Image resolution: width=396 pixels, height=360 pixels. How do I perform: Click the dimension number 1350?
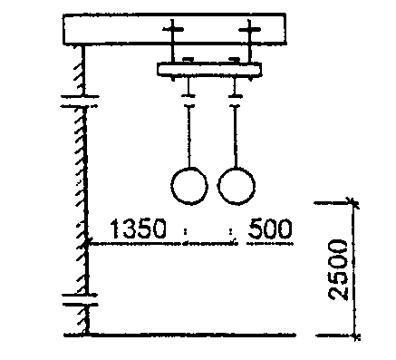coord(138,229)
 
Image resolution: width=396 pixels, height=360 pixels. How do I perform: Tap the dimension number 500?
coord(270,229)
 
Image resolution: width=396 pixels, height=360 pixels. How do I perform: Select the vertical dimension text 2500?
coord(338,270)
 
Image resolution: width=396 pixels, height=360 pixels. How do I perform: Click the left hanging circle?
coord(171,186)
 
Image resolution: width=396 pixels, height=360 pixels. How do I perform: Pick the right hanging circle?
coord(217,186)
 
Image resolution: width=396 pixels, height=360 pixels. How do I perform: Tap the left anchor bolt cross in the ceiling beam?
coord(172,29)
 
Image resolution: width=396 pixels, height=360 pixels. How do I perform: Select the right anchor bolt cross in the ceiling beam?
coord(249,30)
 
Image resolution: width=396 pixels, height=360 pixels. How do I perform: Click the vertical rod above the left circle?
coord(189,136)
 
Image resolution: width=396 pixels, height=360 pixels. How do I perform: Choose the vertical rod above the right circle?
coord(235,136)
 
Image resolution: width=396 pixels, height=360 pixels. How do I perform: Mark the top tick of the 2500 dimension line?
coord(352,203)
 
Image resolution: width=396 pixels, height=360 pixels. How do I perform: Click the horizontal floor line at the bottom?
coord(180,335)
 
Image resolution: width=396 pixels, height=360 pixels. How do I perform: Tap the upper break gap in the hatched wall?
coord(80,102)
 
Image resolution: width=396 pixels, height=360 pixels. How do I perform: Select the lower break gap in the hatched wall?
coord(81,299)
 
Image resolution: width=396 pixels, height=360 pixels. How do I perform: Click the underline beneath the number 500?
coord(270,243)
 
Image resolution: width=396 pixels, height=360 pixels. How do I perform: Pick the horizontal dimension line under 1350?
coord(161,243)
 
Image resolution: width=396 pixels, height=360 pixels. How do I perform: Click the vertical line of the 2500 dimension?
coord(353,269)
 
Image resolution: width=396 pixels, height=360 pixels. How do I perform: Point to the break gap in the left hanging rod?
coord(188,101)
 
